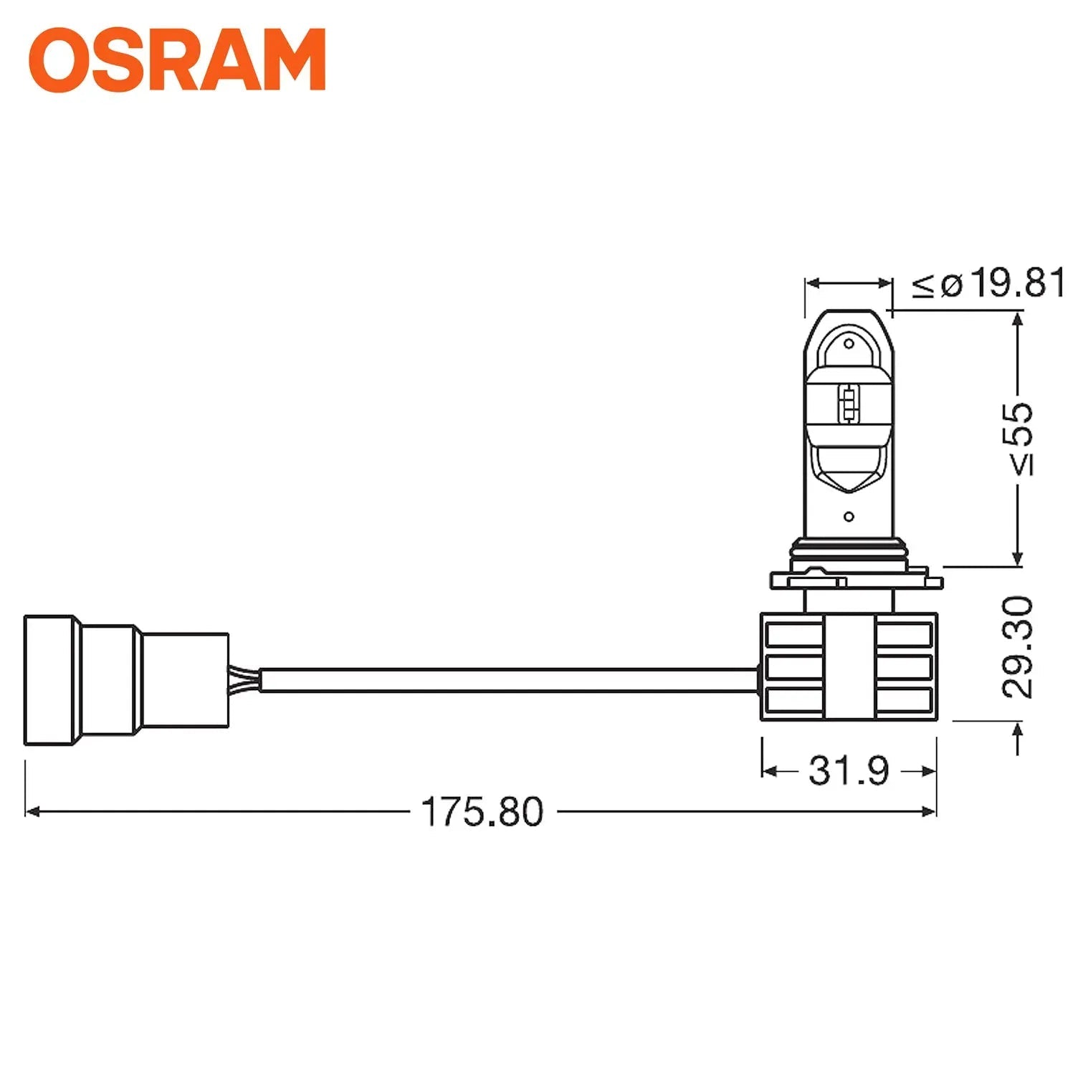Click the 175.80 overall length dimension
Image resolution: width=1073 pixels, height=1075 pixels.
coord(482,812)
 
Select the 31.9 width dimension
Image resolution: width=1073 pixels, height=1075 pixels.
coord(849,771)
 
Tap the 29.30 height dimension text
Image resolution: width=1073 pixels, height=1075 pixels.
coord(1019,647)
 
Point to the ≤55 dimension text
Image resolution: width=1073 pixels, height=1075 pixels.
coord(1020,439)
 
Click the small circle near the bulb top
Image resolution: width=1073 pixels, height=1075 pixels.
coord(849,344)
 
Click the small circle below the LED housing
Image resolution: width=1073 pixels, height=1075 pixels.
coord(849,516)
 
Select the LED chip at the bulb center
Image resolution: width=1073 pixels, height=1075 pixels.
coord(849,403)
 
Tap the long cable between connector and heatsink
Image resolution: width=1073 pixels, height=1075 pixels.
coord(502,680)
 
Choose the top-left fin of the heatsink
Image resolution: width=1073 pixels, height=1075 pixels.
coord(794,634)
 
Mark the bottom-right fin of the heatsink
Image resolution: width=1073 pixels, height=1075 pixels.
coord(903,699)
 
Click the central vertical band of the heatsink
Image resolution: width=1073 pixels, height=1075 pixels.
coord(849,666)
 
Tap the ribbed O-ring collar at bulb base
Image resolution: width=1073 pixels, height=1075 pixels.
coord(849,554)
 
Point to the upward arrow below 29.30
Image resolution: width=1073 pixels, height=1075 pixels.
coord(1018,738)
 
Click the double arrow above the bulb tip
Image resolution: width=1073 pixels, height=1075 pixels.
coord(849,284)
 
